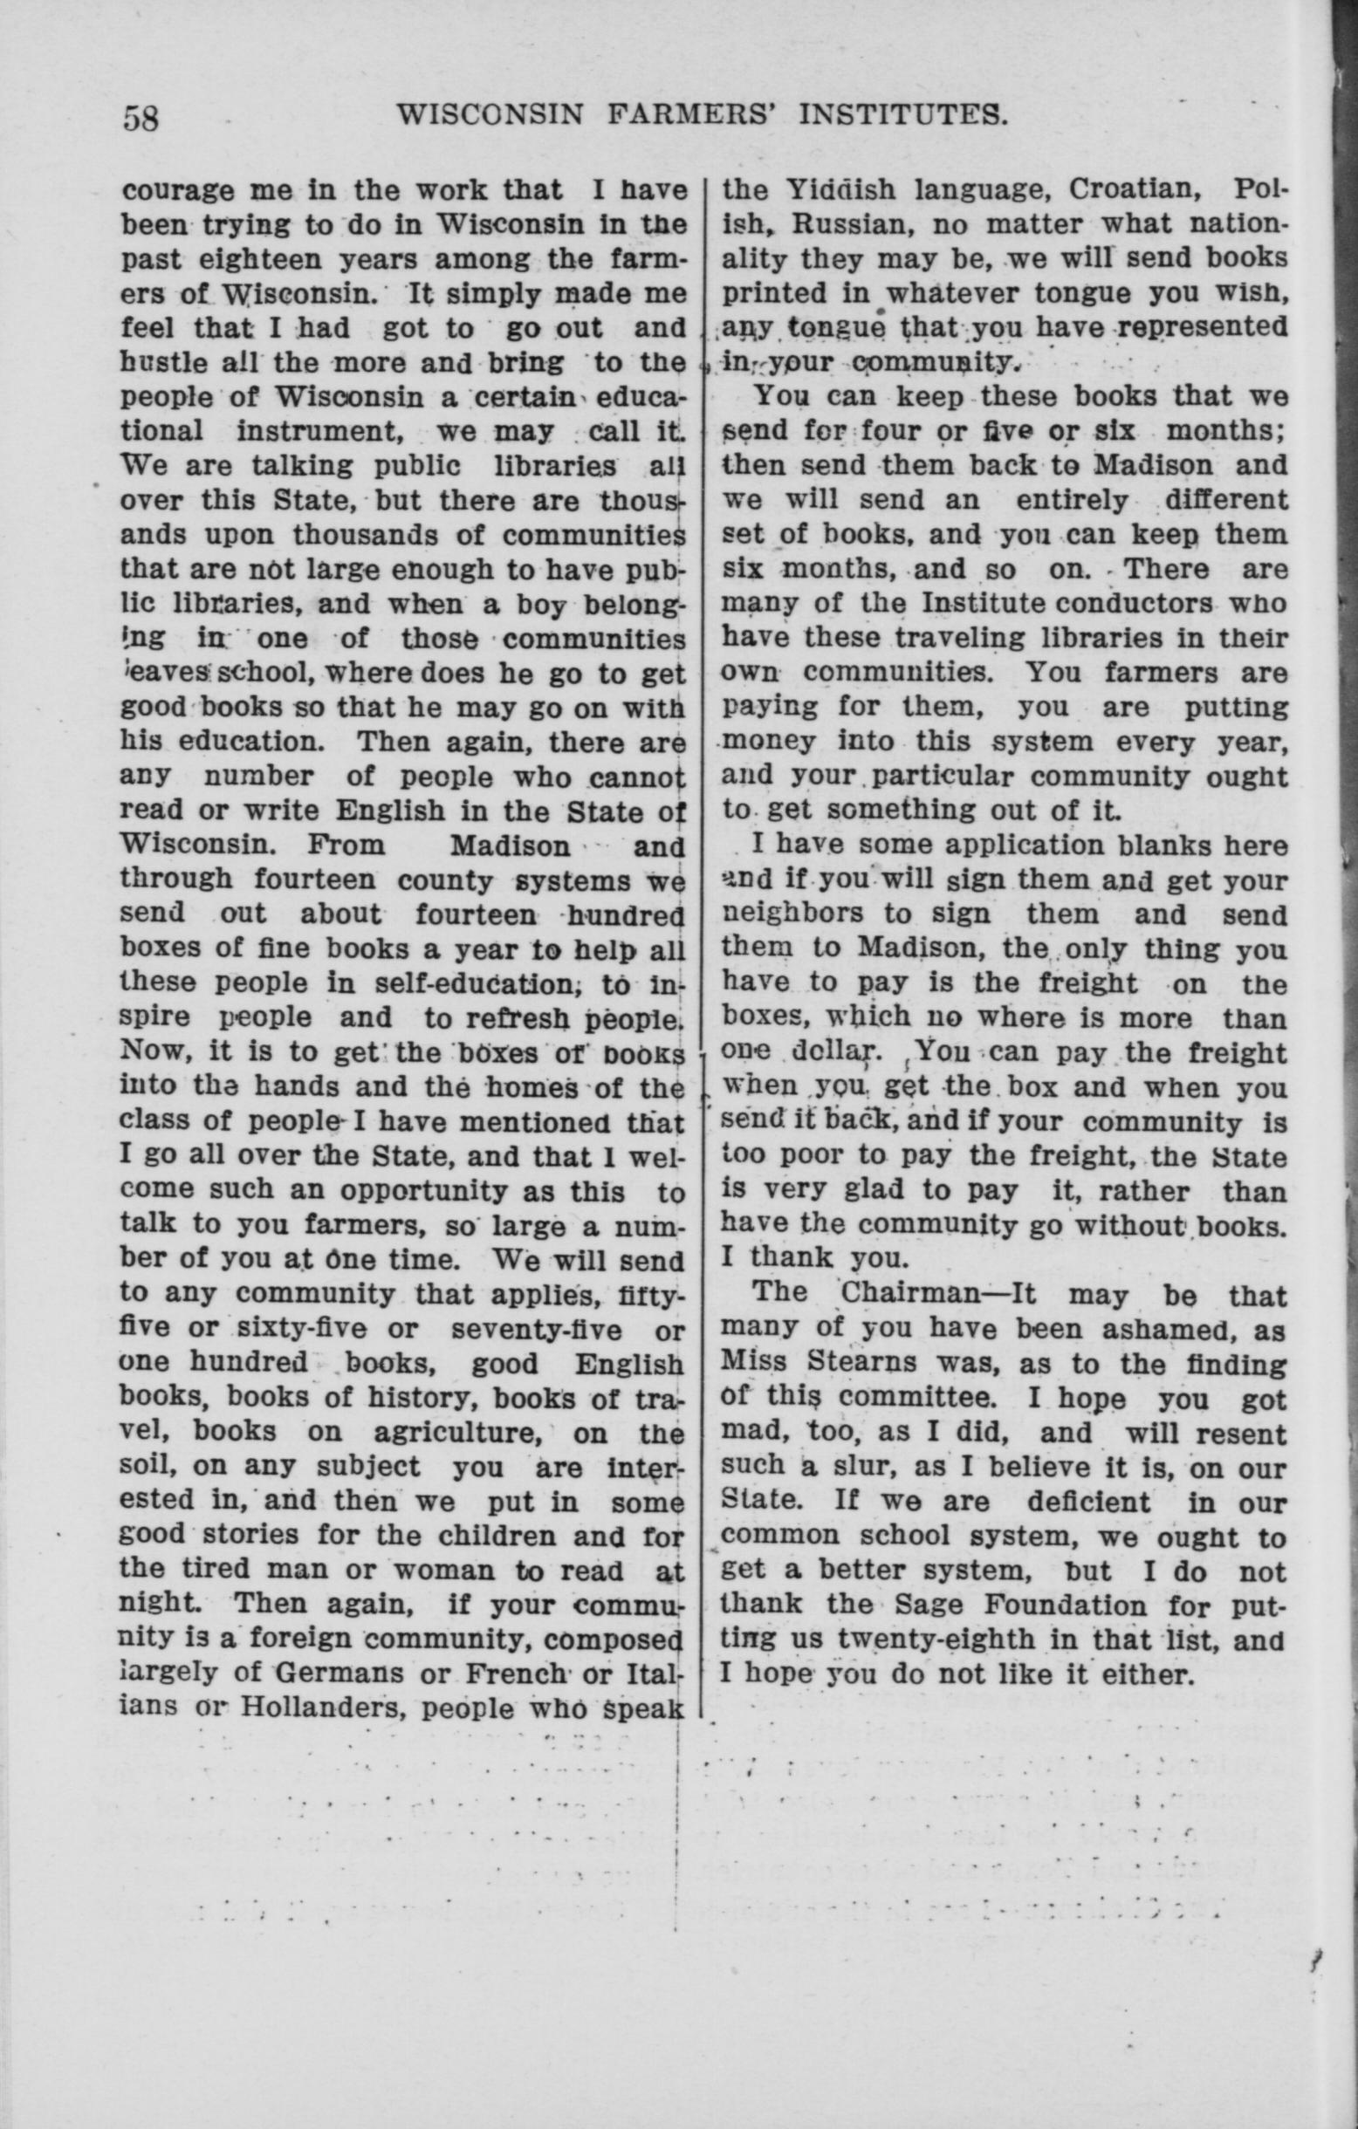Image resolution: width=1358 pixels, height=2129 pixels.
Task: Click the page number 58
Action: click(x=141, y=118)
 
